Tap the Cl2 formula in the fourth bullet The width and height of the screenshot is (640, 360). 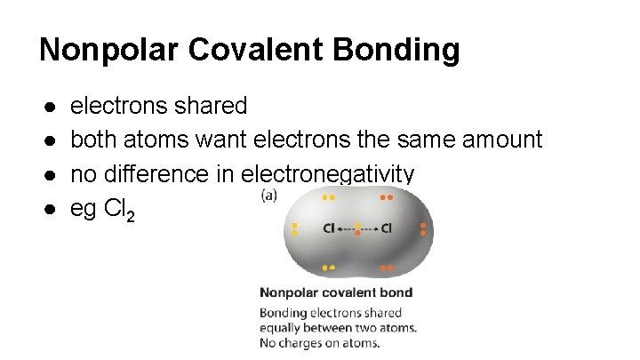(x=119, y=210)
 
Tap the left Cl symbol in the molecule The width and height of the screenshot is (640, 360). (x=329, y=229)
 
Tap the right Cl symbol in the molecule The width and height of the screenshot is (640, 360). (x=387, y=229)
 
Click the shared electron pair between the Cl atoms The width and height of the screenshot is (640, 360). (x=357, y=229)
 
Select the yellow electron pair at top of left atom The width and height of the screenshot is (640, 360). (x=329, y=196)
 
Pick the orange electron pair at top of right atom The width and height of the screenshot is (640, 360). (x=387, y=196)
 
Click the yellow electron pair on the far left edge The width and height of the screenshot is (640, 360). (x=294, y=229)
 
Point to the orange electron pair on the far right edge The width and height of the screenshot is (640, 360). (x=423, y=229)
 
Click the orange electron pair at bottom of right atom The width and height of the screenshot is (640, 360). (x=387, y=267)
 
